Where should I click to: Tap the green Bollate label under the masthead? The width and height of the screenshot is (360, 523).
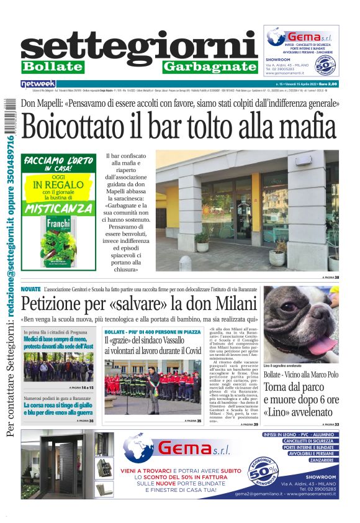click(x=52, y=66)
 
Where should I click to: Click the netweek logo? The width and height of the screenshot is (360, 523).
click(x=38, y=83)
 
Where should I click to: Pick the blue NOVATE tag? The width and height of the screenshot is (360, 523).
click(x=30, y=289)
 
